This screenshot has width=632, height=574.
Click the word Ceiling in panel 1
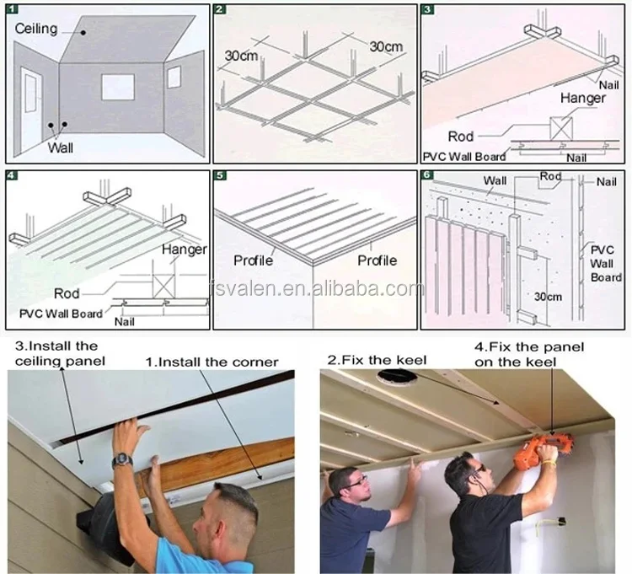(x=36, y=29)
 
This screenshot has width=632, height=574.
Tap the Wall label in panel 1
(x=61, y=148)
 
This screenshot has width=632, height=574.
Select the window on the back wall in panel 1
(x=118, y=87)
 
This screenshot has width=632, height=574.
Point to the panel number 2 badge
(x=219, y=9)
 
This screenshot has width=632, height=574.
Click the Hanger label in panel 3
(x=583, y=98)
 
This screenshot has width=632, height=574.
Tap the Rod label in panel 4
(x=67, y=293)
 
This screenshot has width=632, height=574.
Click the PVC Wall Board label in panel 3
(x=464, y=157)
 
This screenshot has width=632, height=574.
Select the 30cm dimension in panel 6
(x=548, y=297)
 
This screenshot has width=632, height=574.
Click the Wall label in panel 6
(x=495, y=180)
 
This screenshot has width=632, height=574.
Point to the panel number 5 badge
(x=220, y=175)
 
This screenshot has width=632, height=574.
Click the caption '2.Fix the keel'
(x=377, y=360)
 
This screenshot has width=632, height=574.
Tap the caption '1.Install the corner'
(x=212, y=362)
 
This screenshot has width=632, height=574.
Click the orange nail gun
(x=542, y=448)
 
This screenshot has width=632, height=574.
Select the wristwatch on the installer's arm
(x=122, y=460)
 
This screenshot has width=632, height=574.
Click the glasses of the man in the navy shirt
(x=356, y=481)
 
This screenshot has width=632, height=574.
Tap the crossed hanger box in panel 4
(x=163, y=286)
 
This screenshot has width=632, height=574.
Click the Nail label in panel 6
(x=606, y=182)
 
